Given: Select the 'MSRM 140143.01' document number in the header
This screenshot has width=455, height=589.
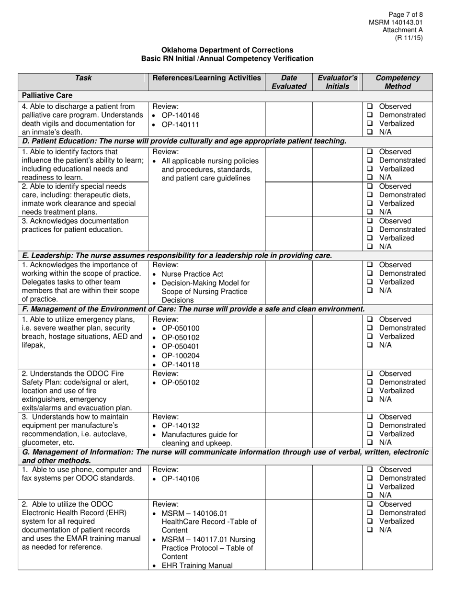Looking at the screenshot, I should pyautogui.click(x=396, y=23).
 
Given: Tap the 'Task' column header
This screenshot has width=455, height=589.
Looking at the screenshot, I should pyautogui.click(x=83, y=78).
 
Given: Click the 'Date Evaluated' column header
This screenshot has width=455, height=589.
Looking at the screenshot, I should pyautogui.click(x=289, y=82).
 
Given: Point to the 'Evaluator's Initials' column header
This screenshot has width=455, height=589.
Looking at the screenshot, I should pyautogui.click(x=337, y=82).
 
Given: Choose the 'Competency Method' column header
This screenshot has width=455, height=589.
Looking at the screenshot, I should pyautogui.click(x=398, y=82).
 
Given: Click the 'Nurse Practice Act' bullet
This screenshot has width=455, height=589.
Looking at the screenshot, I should pyautogui.click(x=193, y=274).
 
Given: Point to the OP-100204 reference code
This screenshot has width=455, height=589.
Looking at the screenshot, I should pyautogui.click(x=181, y=356).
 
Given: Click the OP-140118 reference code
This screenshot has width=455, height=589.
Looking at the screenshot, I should pyautogui.click(x=181, y=365).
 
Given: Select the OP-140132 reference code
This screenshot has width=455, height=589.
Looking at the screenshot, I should pyautogui.click(x=181, y=426).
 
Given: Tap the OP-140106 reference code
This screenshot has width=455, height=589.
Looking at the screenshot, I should pyautogui.click(x=181, y=479).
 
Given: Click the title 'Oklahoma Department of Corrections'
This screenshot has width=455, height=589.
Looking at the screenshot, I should pyautogui.click(x=227, y=50).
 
